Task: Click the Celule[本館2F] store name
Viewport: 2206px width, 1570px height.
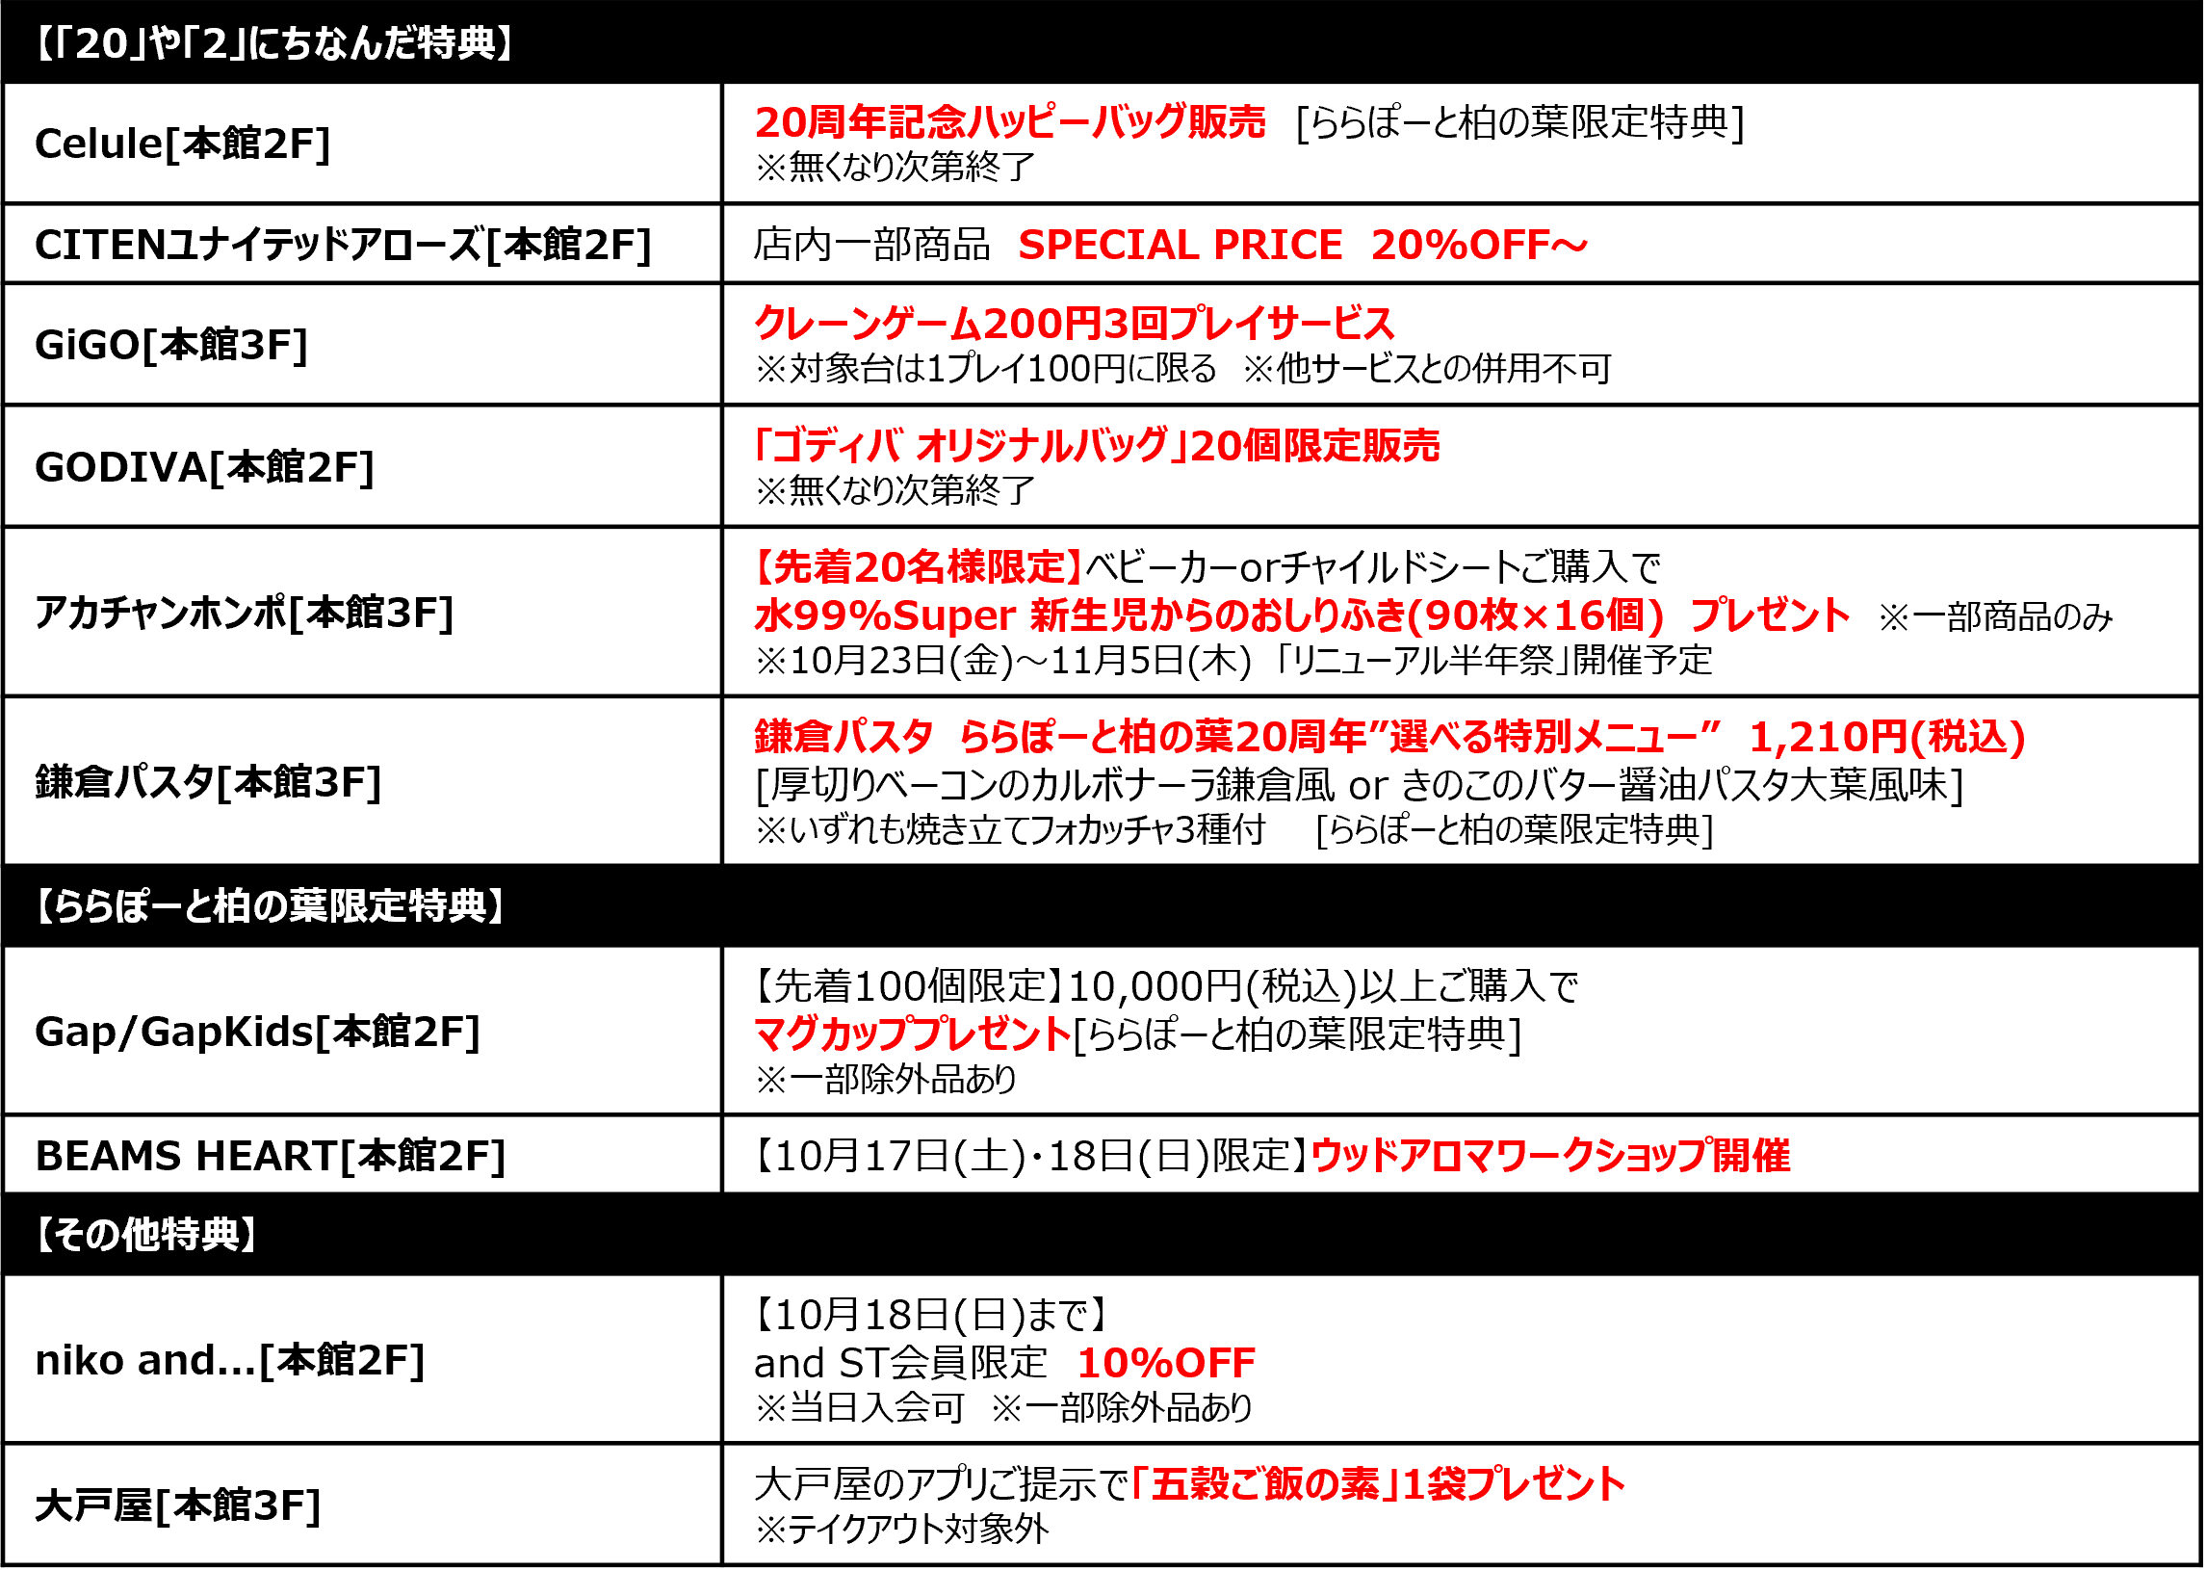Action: click(183, 144)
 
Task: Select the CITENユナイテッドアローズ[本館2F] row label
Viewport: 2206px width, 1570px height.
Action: click(343, 245)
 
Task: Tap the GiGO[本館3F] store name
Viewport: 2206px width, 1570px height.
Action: click(171, 345)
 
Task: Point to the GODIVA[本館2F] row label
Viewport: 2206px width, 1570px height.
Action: click(204, 468)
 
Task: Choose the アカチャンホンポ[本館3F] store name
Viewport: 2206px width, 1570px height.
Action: click(245, 614)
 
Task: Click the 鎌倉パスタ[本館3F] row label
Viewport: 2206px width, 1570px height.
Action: click(209, 782)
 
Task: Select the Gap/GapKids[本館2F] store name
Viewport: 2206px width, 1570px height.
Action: click(257, 1033)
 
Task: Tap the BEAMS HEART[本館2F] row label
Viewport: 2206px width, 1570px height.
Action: click(271, 1156)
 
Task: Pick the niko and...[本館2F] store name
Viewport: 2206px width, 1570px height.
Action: click(230, 1361)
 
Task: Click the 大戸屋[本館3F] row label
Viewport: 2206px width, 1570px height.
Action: click(178, 1506)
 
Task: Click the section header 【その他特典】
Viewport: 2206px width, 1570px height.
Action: click(146, 1236)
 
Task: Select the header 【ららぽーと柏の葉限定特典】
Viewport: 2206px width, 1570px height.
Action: click(270, 906)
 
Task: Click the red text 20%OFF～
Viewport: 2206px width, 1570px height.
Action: click(1478, 245)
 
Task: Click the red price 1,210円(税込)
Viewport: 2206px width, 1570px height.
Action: click(1887, 738)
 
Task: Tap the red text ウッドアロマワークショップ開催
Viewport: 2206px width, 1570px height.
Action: click(1551, 1156)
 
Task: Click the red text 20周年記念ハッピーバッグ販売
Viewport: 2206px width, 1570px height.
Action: click(1010, 121)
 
